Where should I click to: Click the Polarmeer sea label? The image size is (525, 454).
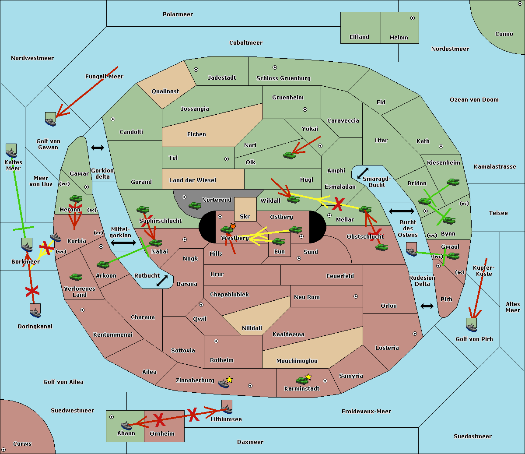click(178, 14)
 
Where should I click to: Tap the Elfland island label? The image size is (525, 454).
click(359, 37)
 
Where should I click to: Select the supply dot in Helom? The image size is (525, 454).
click(412, 18)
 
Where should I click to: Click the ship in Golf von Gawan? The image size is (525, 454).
click(51, 119)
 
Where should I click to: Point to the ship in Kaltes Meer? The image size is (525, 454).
click(11, 151)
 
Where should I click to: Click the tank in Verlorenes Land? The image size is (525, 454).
click(76, 277)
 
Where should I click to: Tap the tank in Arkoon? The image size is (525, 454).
click(103, 265)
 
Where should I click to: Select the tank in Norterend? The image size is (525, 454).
click(195, 205)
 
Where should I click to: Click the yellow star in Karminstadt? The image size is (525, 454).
click(308, 377)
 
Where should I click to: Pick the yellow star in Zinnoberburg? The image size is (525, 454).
click(230, 380)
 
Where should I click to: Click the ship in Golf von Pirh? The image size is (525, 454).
click(471, 325)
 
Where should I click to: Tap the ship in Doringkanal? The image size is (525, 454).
click(35, 311)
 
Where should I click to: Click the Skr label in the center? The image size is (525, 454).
click(245, 216)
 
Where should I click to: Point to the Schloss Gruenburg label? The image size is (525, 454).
click(283, 78)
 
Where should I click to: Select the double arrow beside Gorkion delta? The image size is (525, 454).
click(97, 148)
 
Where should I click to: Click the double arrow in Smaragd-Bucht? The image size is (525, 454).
click(363, 173)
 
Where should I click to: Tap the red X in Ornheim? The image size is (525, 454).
click(159, 420)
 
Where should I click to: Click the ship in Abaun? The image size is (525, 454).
click(126, 425)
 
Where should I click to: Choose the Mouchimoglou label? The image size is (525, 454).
click(297, 361)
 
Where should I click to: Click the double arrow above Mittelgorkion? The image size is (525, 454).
click(123, 243)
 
